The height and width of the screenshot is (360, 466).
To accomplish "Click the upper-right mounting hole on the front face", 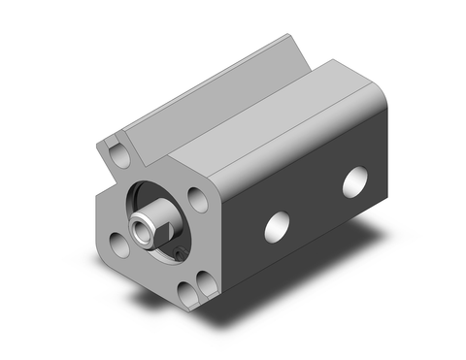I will point(198,202).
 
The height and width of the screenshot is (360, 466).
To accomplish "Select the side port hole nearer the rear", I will point(355,180).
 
